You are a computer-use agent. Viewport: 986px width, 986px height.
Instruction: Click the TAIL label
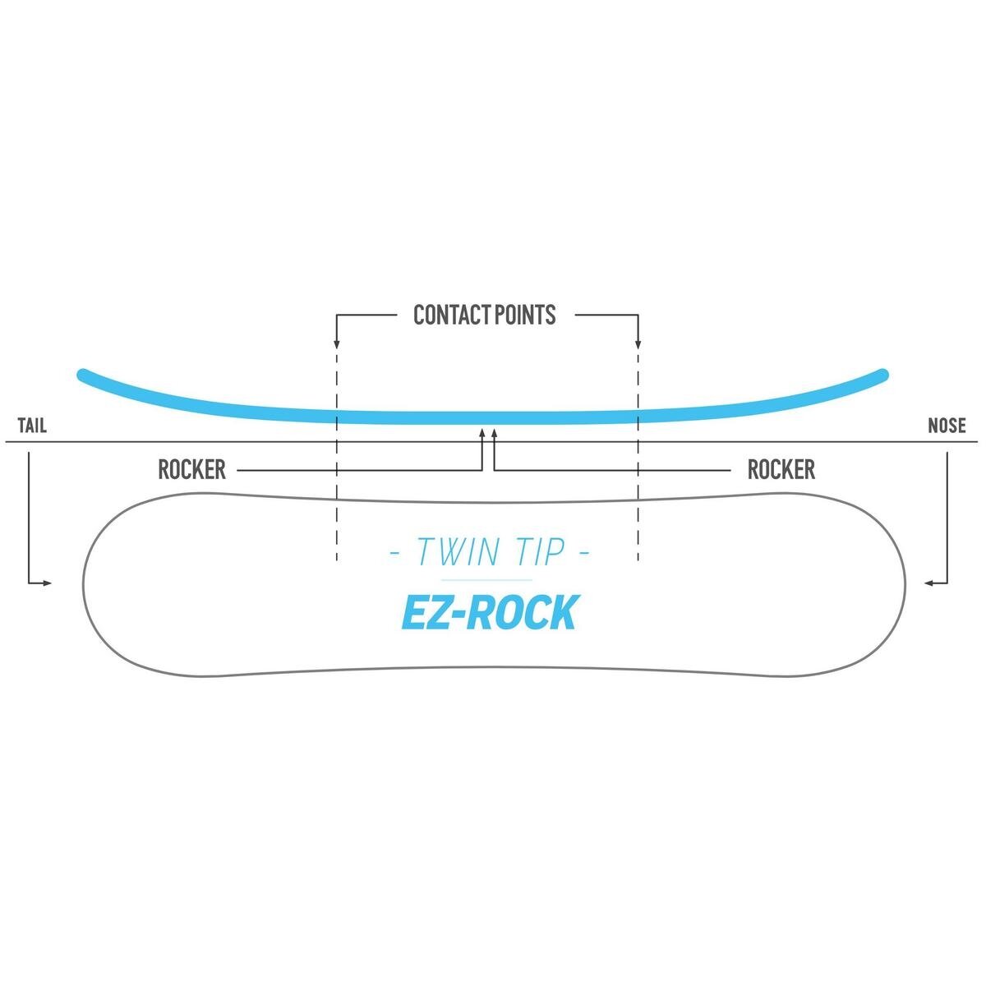[x=32, y=426]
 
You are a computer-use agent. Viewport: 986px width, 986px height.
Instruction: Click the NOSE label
[x=947, y=426]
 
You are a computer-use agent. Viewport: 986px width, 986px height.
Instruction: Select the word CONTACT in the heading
[x=449, y=315]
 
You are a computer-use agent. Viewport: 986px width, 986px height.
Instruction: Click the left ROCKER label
[x=191, y=469]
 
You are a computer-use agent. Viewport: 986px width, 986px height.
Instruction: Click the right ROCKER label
[x=781, y=469]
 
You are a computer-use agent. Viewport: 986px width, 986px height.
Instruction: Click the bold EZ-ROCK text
[x=489, y=612]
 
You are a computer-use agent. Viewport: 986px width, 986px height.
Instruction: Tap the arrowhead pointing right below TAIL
[x=47, y=583]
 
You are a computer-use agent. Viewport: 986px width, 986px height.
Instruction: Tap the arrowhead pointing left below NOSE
[x=928, y=583]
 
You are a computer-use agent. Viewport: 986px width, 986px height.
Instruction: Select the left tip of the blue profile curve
[x=81, y=375]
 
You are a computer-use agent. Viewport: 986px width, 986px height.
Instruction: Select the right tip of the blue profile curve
[x=884, y=375]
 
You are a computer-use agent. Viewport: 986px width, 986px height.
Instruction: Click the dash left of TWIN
[x=394, y=551]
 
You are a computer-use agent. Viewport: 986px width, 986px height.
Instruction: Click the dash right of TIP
[x=584, y=551]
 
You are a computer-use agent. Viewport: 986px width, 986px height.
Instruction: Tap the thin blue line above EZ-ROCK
[x=488, y=580]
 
